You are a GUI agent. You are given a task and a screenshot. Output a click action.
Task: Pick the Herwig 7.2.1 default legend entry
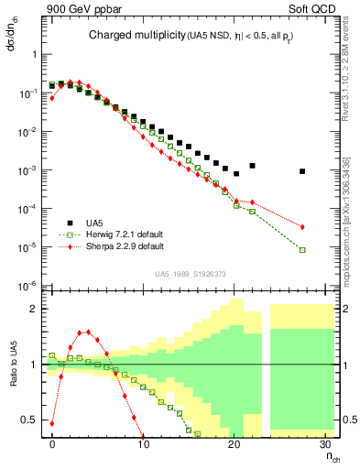pos(122,234)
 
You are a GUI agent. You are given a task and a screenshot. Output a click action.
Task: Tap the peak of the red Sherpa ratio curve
pos(87,332)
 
